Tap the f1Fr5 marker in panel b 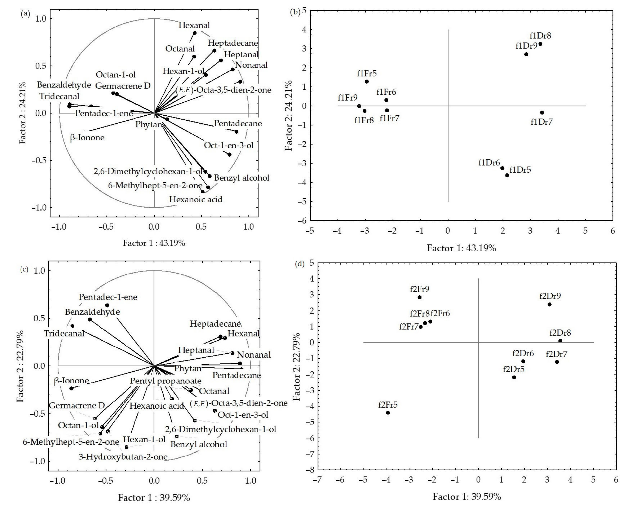tap(367, 82)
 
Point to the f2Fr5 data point tap(388, 412)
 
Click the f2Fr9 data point tap(419, 297)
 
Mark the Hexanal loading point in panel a tap(194, 33)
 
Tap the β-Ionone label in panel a tap(87, 138)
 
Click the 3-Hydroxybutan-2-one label tap(123, 457)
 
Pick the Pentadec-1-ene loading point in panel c tap(107, 305)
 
